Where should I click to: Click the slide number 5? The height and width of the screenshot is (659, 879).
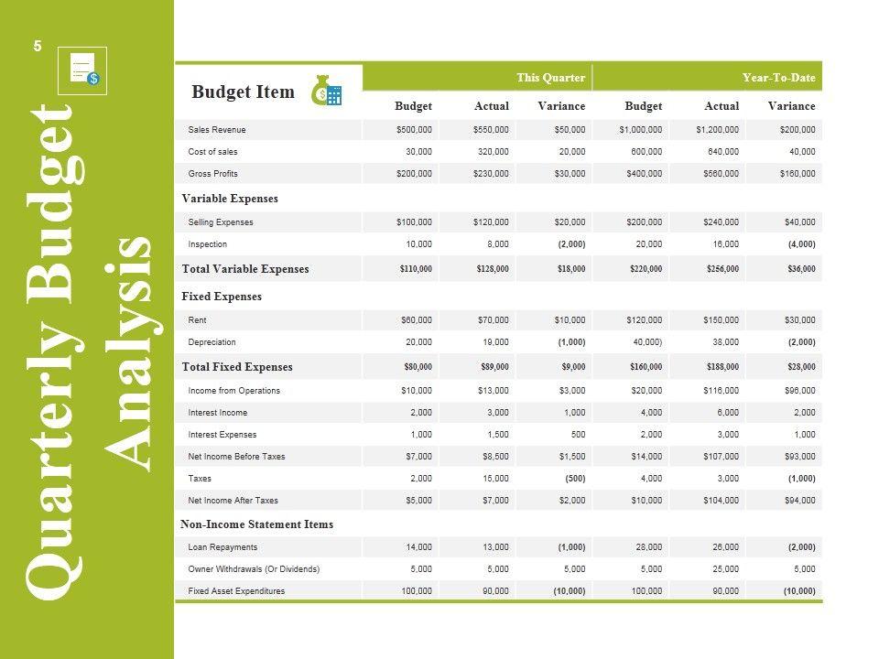click(38, 46)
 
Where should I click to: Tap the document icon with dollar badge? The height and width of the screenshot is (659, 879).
click(82, 70)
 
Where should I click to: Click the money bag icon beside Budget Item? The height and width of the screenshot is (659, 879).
click(326, 91)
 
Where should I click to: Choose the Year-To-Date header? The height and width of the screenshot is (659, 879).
click(778, 78)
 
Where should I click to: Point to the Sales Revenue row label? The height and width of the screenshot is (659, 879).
click(217, 130)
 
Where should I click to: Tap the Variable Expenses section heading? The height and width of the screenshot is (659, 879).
click(230, 199)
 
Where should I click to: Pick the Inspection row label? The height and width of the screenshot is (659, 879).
click(208, 244)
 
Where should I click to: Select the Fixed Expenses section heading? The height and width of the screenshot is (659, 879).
click(222, 297)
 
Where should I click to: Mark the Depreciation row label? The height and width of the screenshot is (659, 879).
click(212, 342)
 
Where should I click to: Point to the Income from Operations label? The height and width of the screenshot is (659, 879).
click(234, 391)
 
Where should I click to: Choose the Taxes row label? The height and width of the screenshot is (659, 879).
click(200, 479)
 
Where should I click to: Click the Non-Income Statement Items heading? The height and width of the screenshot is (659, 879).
click(257, 524)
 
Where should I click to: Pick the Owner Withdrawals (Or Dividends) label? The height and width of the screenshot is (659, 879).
click(254, 569)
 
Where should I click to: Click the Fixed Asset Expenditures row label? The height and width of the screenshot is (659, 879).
click(236, 591)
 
